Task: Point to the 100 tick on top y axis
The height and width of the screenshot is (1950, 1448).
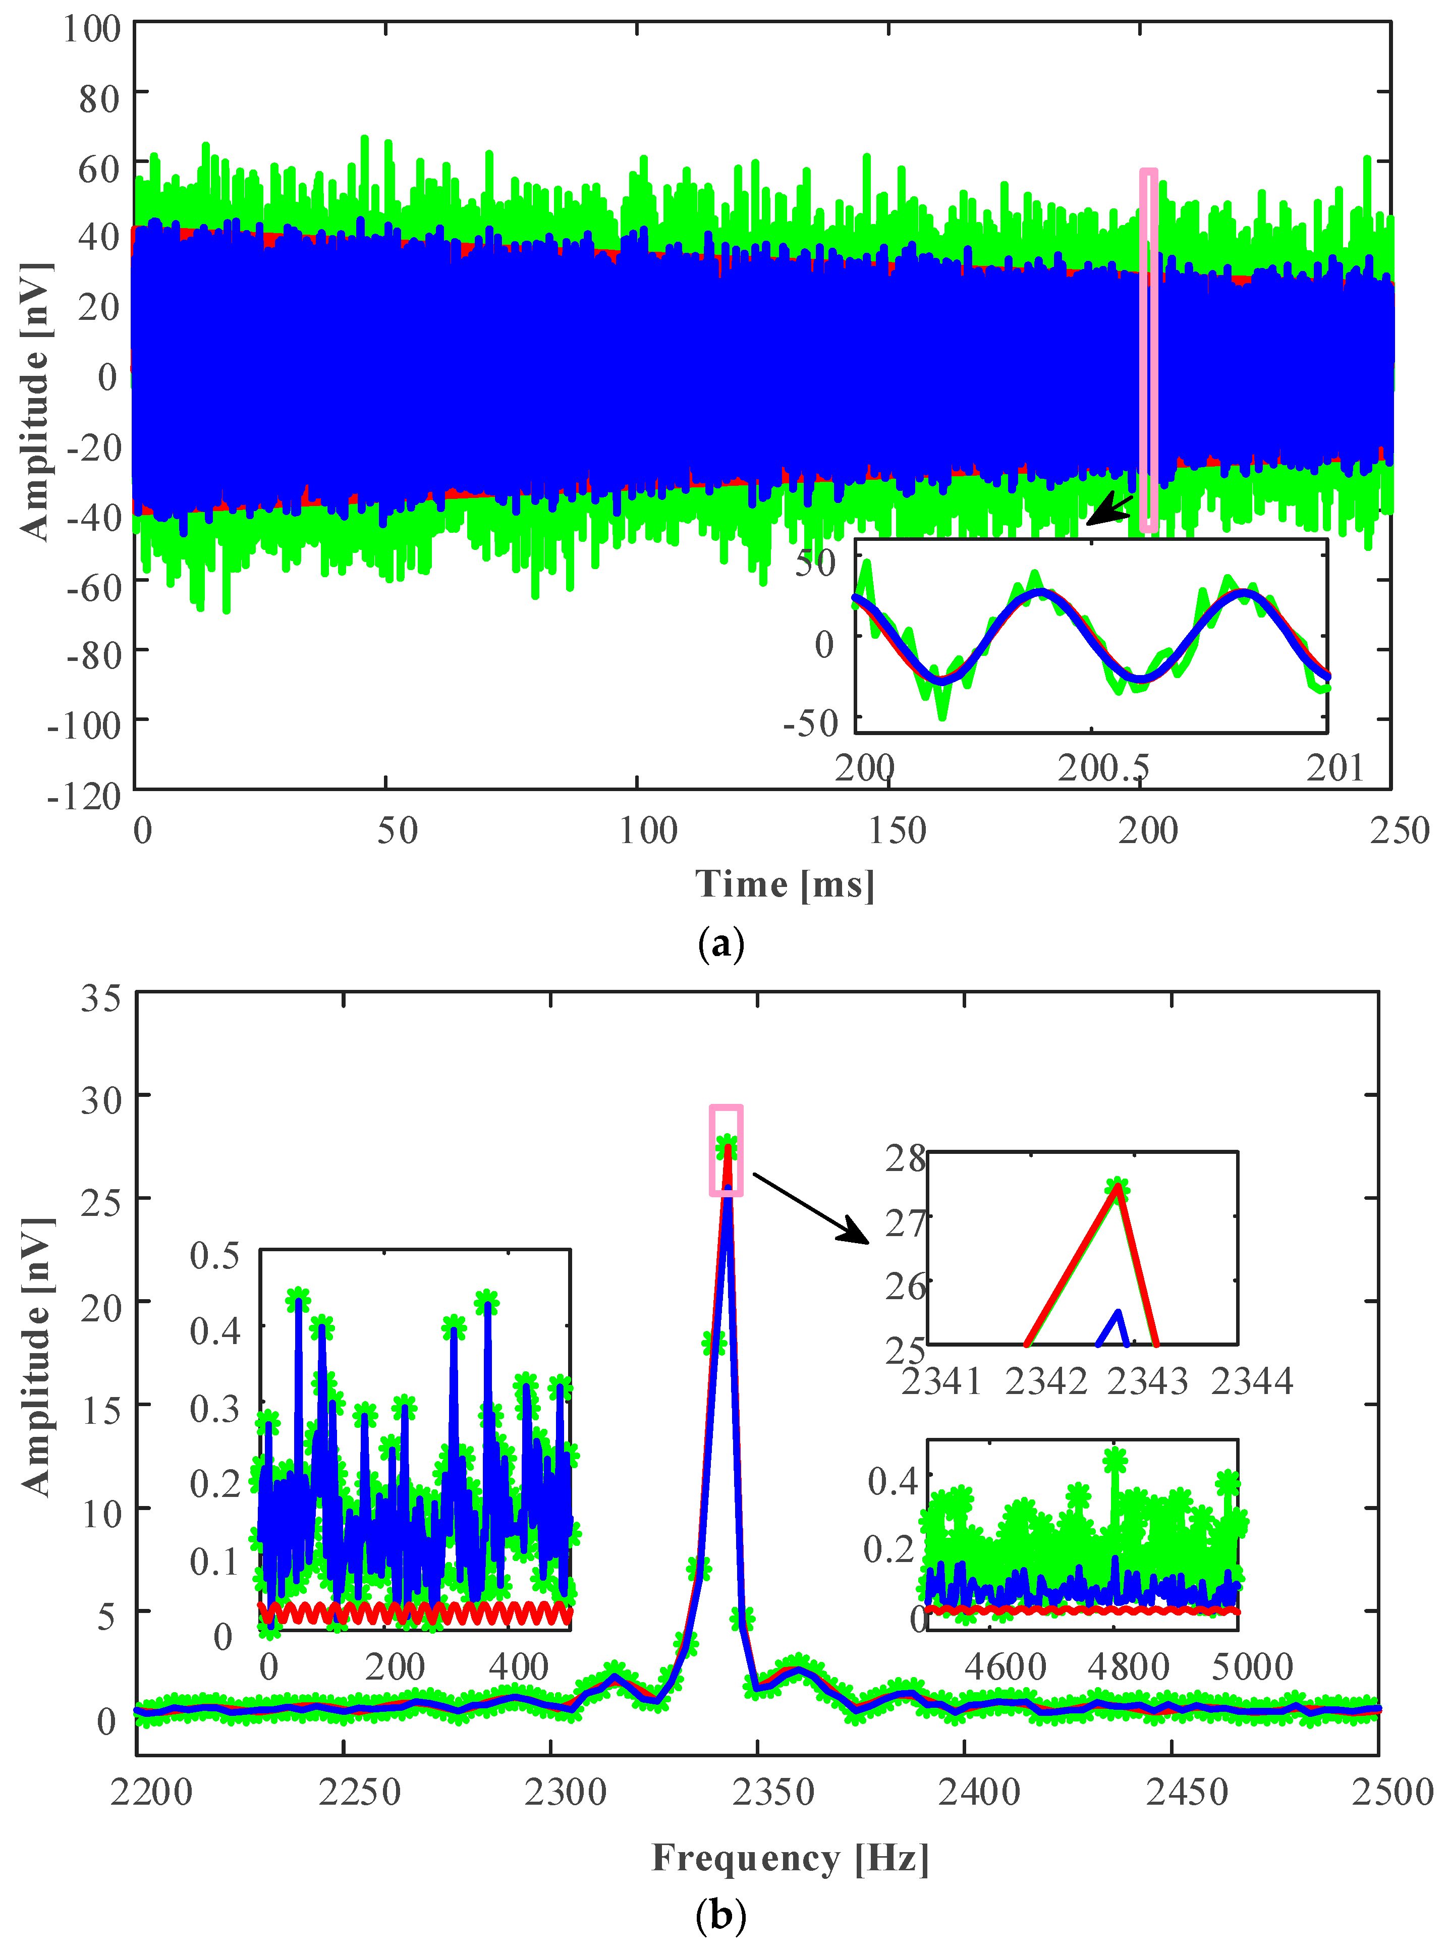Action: tap(91, 28)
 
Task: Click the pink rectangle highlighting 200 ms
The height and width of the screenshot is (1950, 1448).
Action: tap(1148, 351)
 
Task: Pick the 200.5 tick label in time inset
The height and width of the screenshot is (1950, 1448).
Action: tap(1103, 768)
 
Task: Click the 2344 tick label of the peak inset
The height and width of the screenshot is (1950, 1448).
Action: tap(1252, 1382)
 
